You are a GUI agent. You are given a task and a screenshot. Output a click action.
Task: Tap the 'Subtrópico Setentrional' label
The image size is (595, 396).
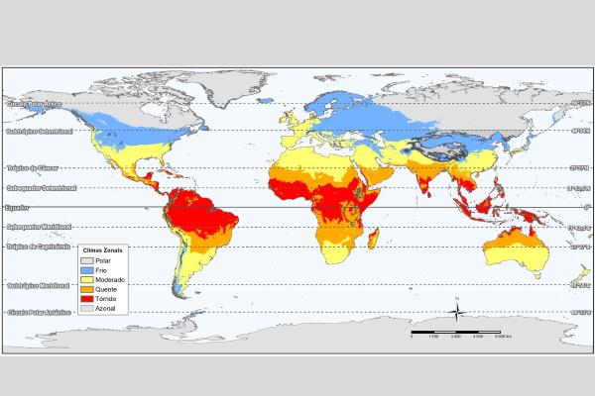[41, 131]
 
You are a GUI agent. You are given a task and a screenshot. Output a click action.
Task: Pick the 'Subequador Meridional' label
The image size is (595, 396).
[40, 228]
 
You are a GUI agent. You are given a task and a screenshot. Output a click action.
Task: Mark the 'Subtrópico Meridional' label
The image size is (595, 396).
[39, 285]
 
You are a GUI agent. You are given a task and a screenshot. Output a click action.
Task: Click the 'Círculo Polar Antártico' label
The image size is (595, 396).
[41, 312]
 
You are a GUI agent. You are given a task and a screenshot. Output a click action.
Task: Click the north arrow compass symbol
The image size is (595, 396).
[455, 312]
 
